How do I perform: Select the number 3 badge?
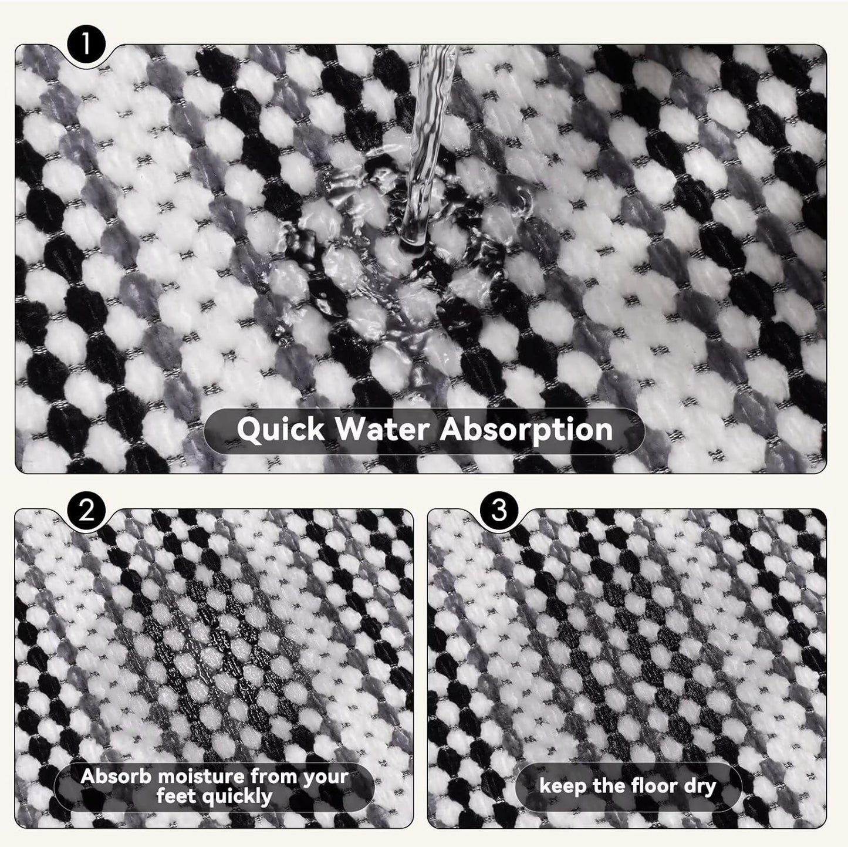[499, 511]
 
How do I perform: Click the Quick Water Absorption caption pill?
[424, 430]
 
